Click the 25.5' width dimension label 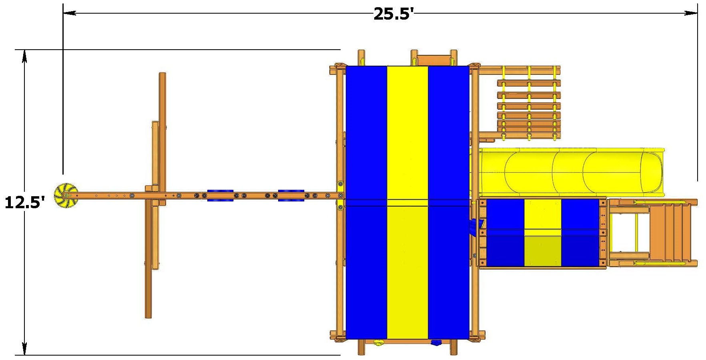tap(393, 14)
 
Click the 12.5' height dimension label tap(24, 202)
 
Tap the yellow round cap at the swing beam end tap(66, 196)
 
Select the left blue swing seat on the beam tap(220, 195)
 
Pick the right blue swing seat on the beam tap(291, 195)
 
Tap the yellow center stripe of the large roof tap(407, 202)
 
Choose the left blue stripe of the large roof tap(366, 202)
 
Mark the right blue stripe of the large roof tap(449, 202)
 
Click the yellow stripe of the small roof tap(542, 233)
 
